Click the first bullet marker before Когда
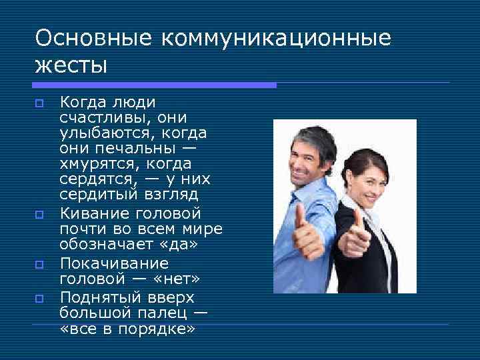coord(39,103)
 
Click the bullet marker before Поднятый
coord(39,298)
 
